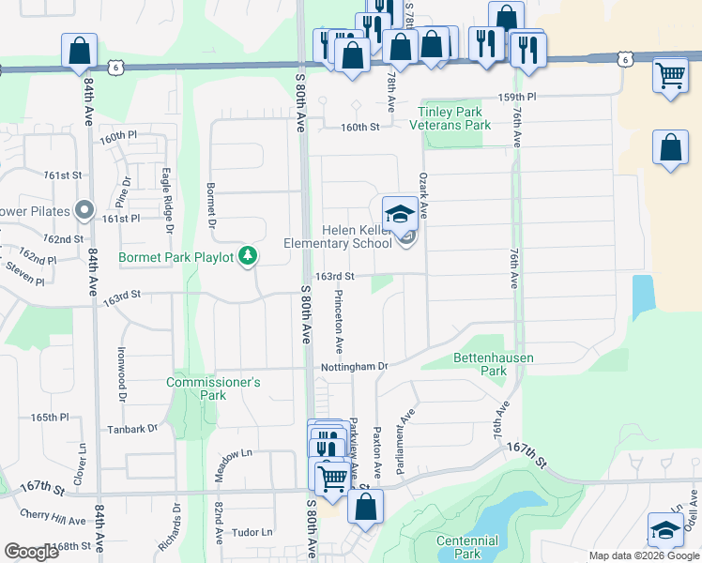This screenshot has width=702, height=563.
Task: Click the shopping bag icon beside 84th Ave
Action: pos(80,51)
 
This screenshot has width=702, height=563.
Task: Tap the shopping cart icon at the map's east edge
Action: pos(670,75)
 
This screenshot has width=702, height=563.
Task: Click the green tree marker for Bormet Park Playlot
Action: pos(248,254)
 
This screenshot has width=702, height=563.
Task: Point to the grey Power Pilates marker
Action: pos(84,209)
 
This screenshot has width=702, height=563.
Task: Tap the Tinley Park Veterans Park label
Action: pos(454,117)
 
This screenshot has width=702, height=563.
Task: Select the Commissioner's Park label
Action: pos(213,388)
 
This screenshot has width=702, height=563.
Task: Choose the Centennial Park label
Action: pos(466,546)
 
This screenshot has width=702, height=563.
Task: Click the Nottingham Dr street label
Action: pos(354,366)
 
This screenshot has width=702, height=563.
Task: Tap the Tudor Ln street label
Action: pos(251,532)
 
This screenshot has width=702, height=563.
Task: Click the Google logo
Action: pos(31,553)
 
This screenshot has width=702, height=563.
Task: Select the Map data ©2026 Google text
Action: pos(643,555)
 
